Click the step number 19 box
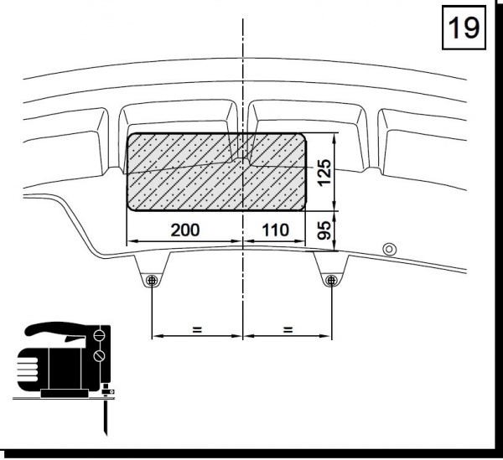tap(464, 28)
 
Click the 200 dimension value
tap(185, 230)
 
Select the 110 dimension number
tap(275, 230)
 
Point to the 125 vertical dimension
tap(324, 172)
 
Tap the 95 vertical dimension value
tap(324, 230)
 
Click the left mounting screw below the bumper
tap(152, 281)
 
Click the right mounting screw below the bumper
tap(331, 281)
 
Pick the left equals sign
tap(197, 329)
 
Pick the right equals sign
tap(288, 329)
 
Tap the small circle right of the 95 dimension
tap(390, 249)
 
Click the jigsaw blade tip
tap(106, 433)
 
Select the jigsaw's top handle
tap(56, 329)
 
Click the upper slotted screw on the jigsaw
tap(99, 335)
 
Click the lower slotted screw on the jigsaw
tap(99, 355)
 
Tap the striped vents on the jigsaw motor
tap(28, 370)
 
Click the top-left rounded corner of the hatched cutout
tap(131, 137)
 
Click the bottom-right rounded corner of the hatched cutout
tap(302, 206)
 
